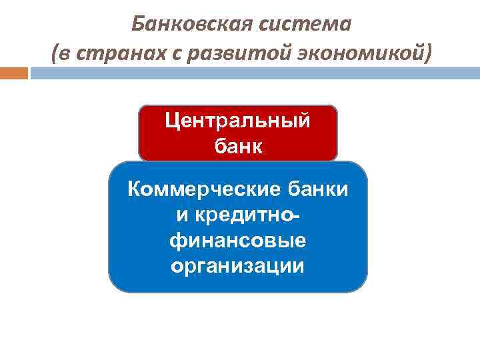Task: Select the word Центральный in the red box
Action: click(x=238, y=122)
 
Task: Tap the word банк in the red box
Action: click(x=238, y=146)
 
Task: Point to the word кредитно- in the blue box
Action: click(x=253, y=215)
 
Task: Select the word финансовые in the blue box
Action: click(x=238, y=241)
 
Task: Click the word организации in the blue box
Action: click(x=238, y=266)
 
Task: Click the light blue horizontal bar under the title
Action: click(x=253, y=73)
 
